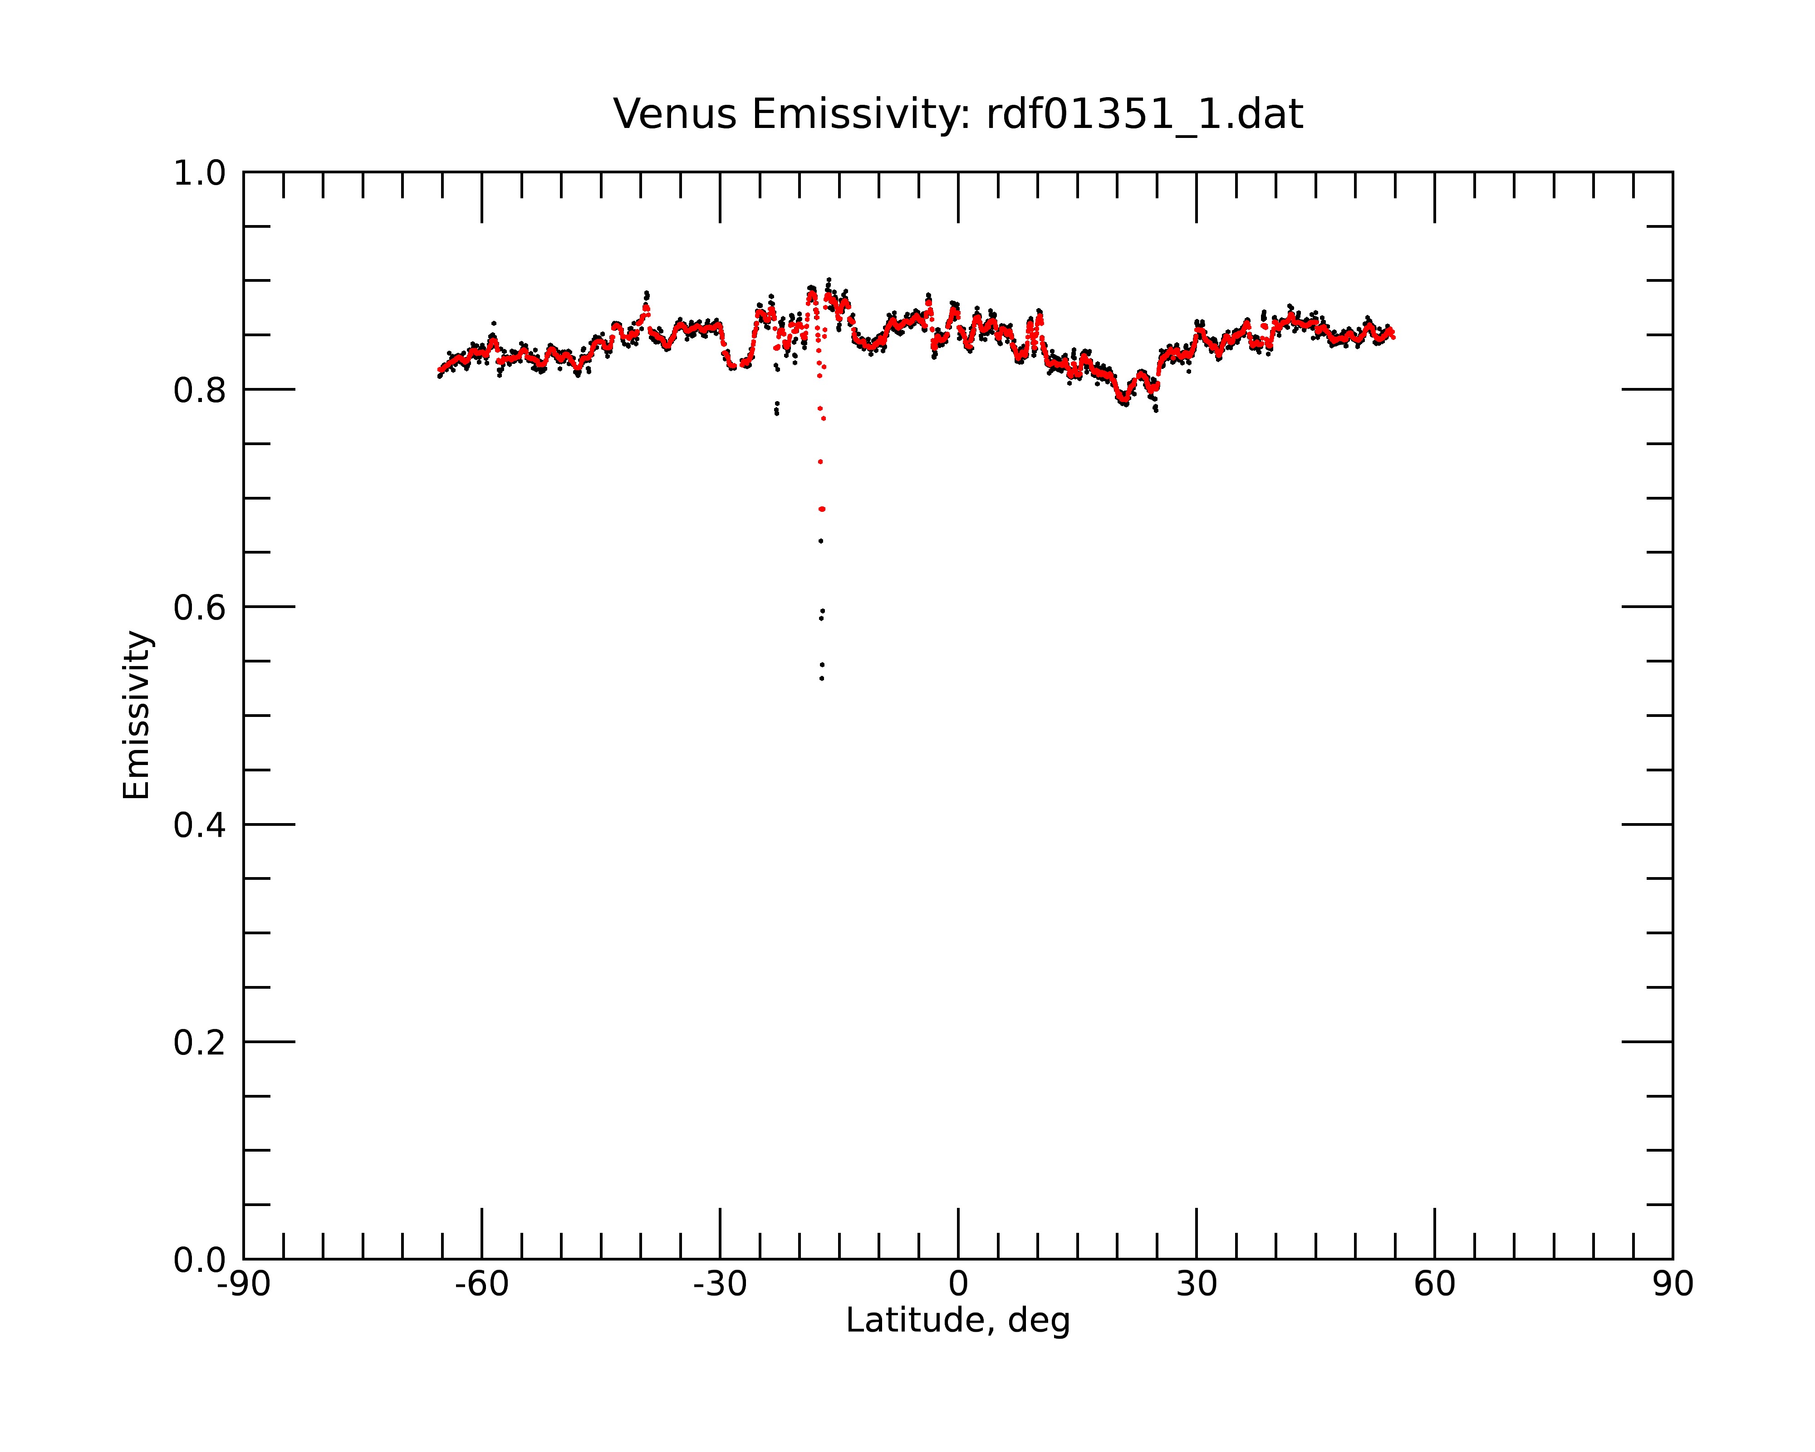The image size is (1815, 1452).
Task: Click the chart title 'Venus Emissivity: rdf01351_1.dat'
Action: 958,114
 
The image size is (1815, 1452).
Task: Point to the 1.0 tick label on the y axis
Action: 200,173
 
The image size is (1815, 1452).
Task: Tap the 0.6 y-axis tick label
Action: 200,608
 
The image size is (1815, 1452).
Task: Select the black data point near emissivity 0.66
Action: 821,541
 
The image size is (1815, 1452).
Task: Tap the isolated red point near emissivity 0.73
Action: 820,462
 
